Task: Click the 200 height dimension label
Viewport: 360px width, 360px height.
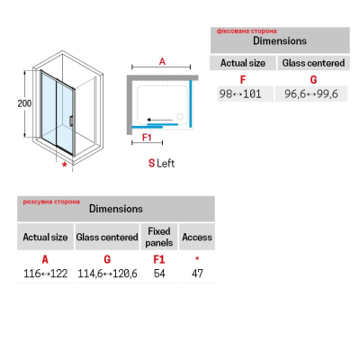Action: (x=24, y=103)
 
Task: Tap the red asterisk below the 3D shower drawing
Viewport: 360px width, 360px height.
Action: (x=64, y=165)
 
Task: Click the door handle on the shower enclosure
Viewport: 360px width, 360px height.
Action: (x=70, y=121)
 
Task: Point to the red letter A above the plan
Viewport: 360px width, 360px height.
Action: (x=162, y=61)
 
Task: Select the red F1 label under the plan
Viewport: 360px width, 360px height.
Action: (x=147, y=138)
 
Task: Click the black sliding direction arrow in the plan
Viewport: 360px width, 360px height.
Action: (x=160, y=120)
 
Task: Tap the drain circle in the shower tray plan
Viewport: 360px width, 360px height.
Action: (x=180, y=116)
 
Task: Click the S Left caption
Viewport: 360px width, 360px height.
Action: (x=161, y=163)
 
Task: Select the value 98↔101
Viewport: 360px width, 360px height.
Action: (x=240, y=94)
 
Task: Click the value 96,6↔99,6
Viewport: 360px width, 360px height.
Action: (x=311, y=94)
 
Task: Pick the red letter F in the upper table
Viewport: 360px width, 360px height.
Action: (x=243, y=80)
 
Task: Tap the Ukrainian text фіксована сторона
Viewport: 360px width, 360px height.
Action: (x=247, y=31)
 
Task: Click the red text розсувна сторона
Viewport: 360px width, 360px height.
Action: (x=51, y=202)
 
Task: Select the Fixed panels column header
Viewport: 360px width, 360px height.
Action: (x=159, y=237)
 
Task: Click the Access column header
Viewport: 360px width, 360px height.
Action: (x=197, y=237)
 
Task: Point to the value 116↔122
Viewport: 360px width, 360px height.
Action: (x=45, y=274)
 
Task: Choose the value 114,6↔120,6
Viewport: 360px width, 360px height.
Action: (x=107, y=274)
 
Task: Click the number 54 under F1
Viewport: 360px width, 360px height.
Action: (x=159, y=274)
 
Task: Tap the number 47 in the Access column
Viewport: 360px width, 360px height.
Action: (x=197, y=274)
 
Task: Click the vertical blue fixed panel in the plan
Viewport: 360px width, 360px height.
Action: (x=191, y=103)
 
